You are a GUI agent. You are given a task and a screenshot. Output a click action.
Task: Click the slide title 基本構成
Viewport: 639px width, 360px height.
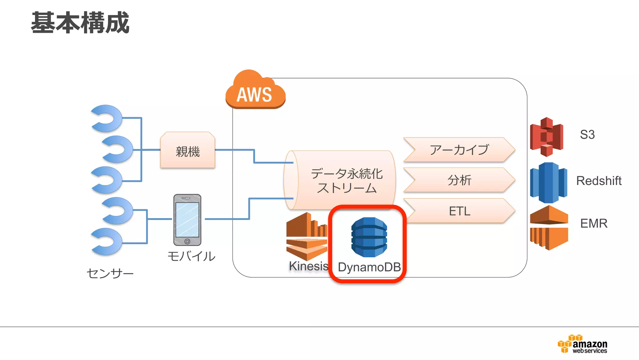tap(80, 22)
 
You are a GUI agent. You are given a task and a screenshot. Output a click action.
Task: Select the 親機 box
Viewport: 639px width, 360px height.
tap(188, 151)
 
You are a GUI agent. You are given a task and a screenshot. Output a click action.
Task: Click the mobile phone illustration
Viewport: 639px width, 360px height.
tap(187, 220)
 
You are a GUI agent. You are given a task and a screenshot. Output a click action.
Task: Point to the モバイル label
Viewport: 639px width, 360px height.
tap(191, 257)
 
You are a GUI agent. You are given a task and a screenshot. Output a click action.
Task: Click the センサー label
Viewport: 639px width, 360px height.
tap(110, 273)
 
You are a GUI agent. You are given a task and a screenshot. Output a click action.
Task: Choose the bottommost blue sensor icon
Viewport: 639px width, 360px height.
tap(107, 241)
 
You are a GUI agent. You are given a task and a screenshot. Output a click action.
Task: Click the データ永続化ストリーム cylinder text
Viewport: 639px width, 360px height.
tap(346, 181)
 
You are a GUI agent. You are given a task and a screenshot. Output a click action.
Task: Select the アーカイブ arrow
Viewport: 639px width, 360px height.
tap(459, 150)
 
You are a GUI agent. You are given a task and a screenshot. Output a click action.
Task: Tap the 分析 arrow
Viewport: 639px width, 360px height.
tap(459, 180)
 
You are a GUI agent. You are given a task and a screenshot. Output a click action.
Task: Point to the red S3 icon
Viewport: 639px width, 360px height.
tap(547, 137)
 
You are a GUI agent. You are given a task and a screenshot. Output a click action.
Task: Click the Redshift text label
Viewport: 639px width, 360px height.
tap(598, 181)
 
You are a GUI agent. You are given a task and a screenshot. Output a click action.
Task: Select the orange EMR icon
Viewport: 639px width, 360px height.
tap(549, 227)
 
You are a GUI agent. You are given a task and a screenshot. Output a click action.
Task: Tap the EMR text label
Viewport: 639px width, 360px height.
tap(593, 223)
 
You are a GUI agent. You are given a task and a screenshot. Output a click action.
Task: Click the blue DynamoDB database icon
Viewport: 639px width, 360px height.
tap(369, 237)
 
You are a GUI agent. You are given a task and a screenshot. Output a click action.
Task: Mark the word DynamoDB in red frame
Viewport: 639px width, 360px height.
tap(369, 267)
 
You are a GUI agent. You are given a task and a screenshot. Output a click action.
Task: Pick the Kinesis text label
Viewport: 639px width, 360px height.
tap(308, 266)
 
